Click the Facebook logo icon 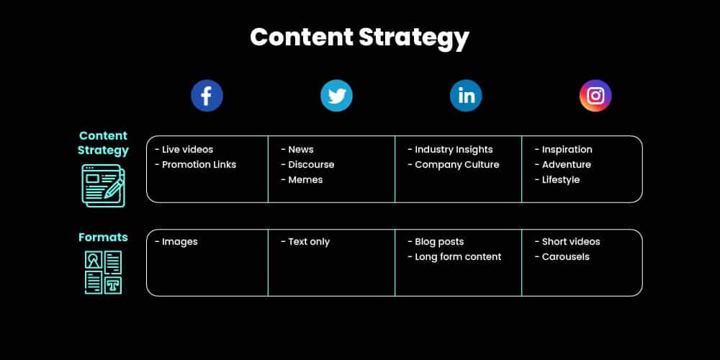(207, 96)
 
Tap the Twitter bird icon (336, 96)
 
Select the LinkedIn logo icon (466, 96)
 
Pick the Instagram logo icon (595, 96)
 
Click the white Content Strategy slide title (359, 37)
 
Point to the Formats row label (103, 237)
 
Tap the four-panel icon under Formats (103, 271)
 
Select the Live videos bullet (184, 150)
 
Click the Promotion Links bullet (196, 165)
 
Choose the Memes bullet (302, 180)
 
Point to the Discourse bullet (307, 165)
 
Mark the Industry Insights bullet (450, 150)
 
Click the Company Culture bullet (453, 165)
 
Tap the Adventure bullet (563, 165)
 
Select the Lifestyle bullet (557, 180)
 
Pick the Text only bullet (305, 242)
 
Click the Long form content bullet (454, 257)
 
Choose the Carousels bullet (562, 257)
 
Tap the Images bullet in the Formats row (176, 242)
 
